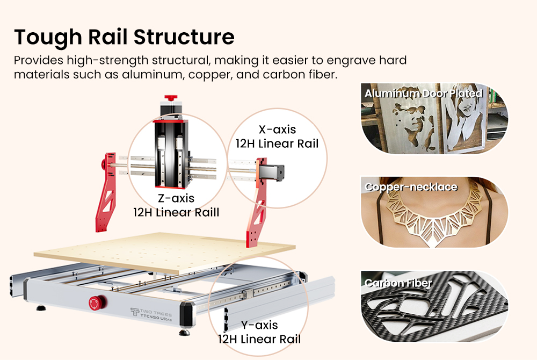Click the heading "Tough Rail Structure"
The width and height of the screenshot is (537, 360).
coord(124,37)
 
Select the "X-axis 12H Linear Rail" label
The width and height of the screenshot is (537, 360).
coord(277,136)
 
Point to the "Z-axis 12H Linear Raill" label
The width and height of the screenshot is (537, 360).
coord(176,205)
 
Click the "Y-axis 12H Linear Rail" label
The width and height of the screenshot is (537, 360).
coord(259,332)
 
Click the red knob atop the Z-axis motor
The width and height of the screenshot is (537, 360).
coord(170,99)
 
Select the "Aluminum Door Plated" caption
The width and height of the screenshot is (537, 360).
coord(423,93)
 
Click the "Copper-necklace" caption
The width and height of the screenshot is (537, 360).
coord(411,187)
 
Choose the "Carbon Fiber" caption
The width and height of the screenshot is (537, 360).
coord(398,283)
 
